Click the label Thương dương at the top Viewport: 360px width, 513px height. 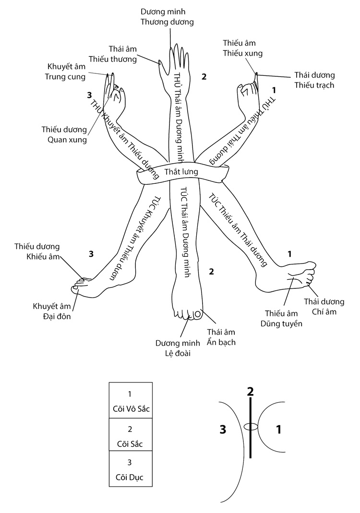167,22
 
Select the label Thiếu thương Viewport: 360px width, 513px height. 116,60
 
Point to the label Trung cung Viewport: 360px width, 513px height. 65,76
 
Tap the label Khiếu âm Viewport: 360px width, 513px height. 42,257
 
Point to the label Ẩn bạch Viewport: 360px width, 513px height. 221,342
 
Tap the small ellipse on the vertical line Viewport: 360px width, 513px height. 251,426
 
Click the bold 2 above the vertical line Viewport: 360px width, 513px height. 250,391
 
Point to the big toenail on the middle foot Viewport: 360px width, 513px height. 196,315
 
